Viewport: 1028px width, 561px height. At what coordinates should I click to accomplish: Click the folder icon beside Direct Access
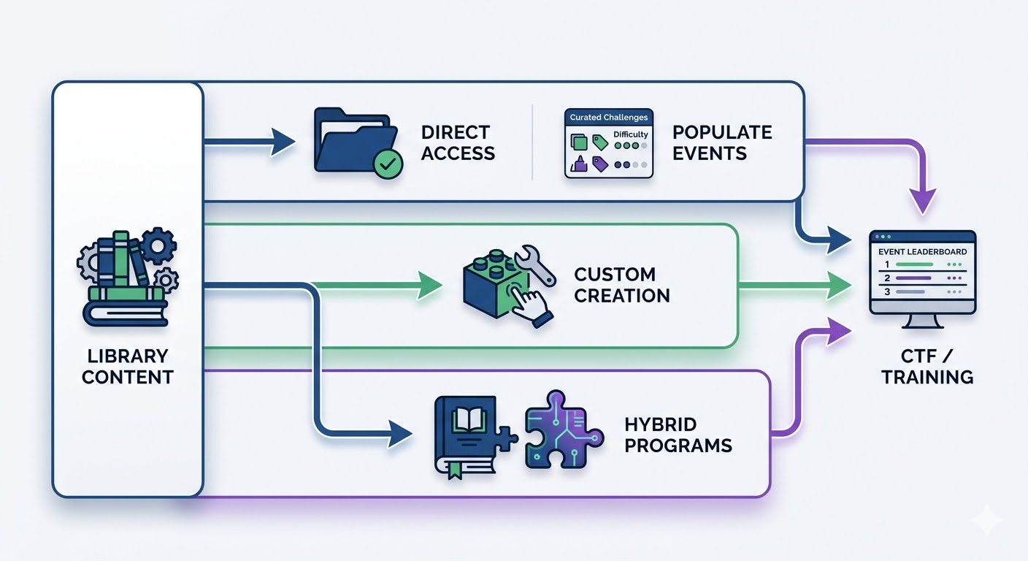coord(353,140)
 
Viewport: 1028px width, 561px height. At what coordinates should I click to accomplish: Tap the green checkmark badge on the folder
coord(387,164)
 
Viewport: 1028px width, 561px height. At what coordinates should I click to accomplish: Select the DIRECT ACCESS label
coord(458,142)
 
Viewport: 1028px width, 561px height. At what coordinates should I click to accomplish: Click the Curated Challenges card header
coord(608,118)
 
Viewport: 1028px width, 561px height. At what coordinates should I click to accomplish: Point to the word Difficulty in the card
coord(630,135)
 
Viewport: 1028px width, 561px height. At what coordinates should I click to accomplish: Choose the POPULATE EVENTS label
coord(721,142)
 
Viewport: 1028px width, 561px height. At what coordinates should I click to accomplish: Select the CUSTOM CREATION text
coord(621,285)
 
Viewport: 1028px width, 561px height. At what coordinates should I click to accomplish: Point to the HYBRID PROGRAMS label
coord(678,435)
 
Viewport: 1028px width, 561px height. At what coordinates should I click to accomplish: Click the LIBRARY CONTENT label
coord(127,367)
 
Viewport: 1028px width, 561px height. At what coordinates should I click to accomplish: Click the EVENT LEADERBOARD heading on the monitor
coord(922,252)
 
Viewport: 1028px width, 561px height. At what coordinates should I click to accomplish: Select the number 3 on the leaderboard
coord(886,291)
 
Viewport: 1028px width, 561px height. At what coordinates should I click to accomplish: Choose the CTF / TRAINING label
coord(927,367)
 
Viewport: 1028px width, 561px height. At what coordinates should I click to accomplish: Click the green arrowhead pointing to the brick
coord(430,285)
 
